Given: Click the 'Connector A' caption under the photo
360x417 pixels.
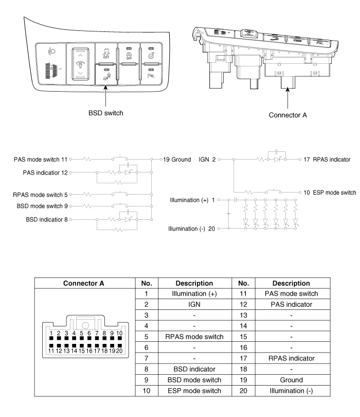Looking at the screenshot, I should tap(288, 115).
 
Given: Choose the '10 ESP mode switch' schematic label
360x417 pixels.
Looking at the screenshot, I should tap(330, 192).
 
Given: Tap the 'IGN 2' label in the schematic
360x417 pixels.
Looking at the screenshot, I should tap(207, 160).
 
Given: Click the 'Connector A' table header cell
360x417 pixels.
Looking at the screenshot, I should tap(86, 283).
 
